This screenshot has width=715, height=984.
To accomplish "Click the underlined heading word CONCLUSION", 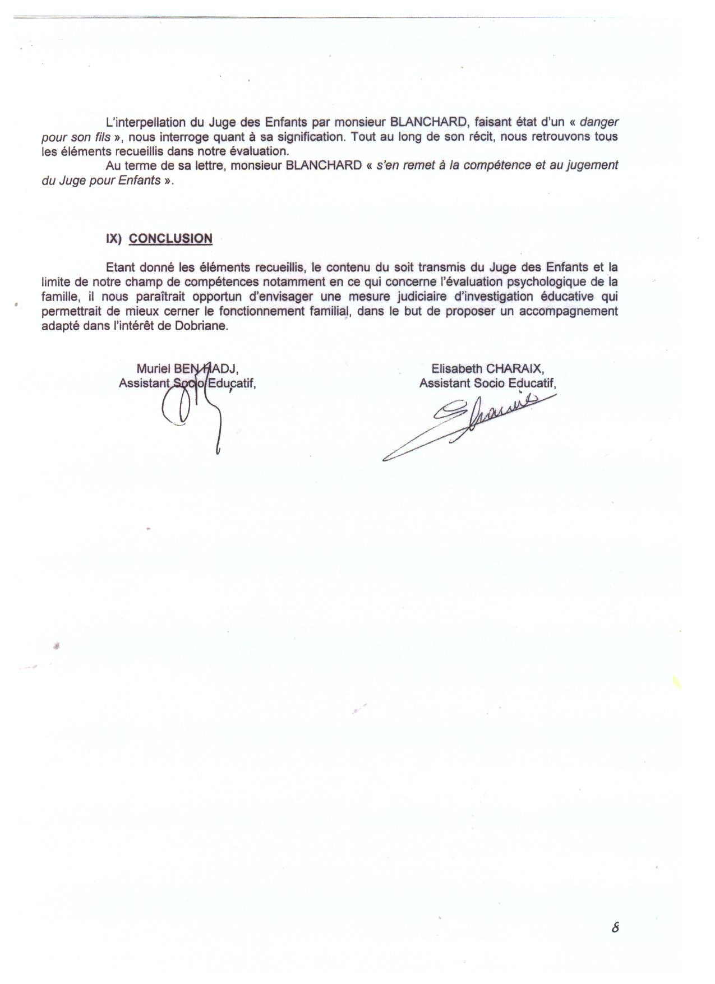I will point(170,238).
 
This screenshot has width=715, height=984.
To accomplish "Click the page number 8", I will point(615,927).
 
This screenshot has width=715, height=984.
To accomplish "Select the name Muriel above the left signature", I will point(153,368).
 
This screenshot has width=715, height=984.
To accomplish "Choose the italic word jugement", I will point(591,165).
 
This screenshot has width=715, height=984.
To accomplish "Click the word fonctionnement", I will point(263,311).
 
